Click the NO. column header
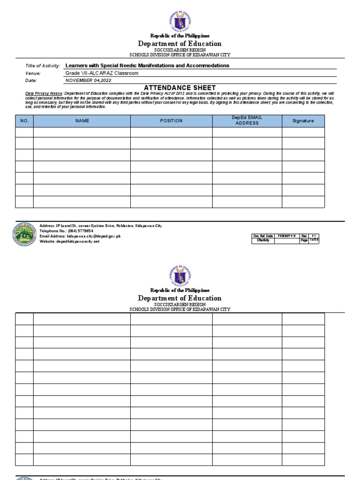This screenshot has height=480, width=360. click(x=24, y=121)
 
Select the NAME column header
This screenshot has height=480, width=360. click(x=82, y=121)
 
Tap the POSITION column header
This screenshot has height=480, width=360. click(x=171, y=121)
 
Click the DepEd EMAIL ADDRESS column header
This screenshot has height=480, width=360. click(x=247, y=120)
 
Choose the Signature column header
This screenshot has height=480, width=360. click(x=303, y=121)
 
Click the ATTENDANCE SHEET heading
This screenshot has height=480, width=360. click(x=180, y=88)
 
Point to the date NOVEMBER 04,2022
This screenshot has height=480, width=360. click(x=88, y=80)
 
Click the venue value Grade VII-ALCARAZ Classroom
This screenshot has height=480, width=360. click(x=102, y=73)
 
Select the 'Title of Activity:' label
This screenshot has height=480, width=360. click(x=43, y=66)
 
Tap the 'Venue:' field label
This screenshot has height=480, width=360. click(x=33, y=74)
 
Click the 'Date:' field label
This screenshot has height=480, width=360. click(x=31, y=81)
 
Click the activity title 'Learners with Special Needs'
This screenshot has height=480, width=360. click(x=147, y=66)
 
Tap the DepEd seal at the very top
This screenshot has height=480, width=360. click(x=180, y=22)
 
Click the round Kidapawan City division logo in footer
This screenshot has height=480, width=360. click(x=24, y=234)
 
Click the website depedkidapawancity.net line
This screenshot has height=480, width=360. click(x=70, y=241)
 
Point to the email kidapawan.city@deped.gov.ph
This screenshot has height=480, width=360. click(x=80, y=236)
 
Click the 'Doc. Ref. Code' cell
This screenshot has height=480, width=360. click(x=263, y=236)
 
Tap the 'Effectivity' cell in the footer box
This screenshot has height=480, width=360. click(x=263, y=240)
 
